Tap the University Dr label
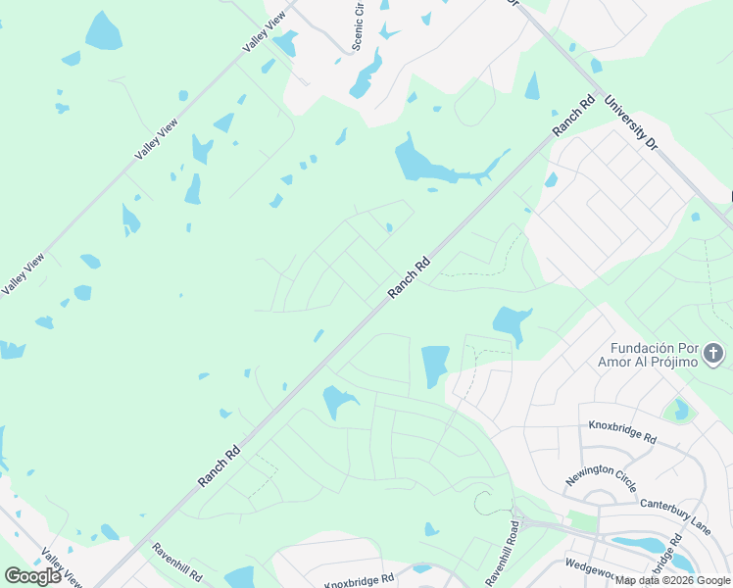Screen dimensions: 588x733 click(x=629, y=122)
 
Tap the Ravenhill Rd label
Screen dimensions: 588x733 click(x=177, y=563)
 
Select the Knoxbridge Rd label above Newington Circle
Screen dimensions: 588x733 click(x=622, y=431)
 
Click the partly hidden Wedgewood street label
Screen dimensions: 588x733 click(x=600, y=565)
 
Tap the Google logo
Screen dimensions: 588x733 click(x=32, y=575)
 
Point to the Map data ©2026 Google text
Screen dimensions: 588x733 click(x=673, y=580)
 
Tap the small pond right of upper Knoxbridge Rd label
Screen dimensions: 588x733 click(x=677, y=410)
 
